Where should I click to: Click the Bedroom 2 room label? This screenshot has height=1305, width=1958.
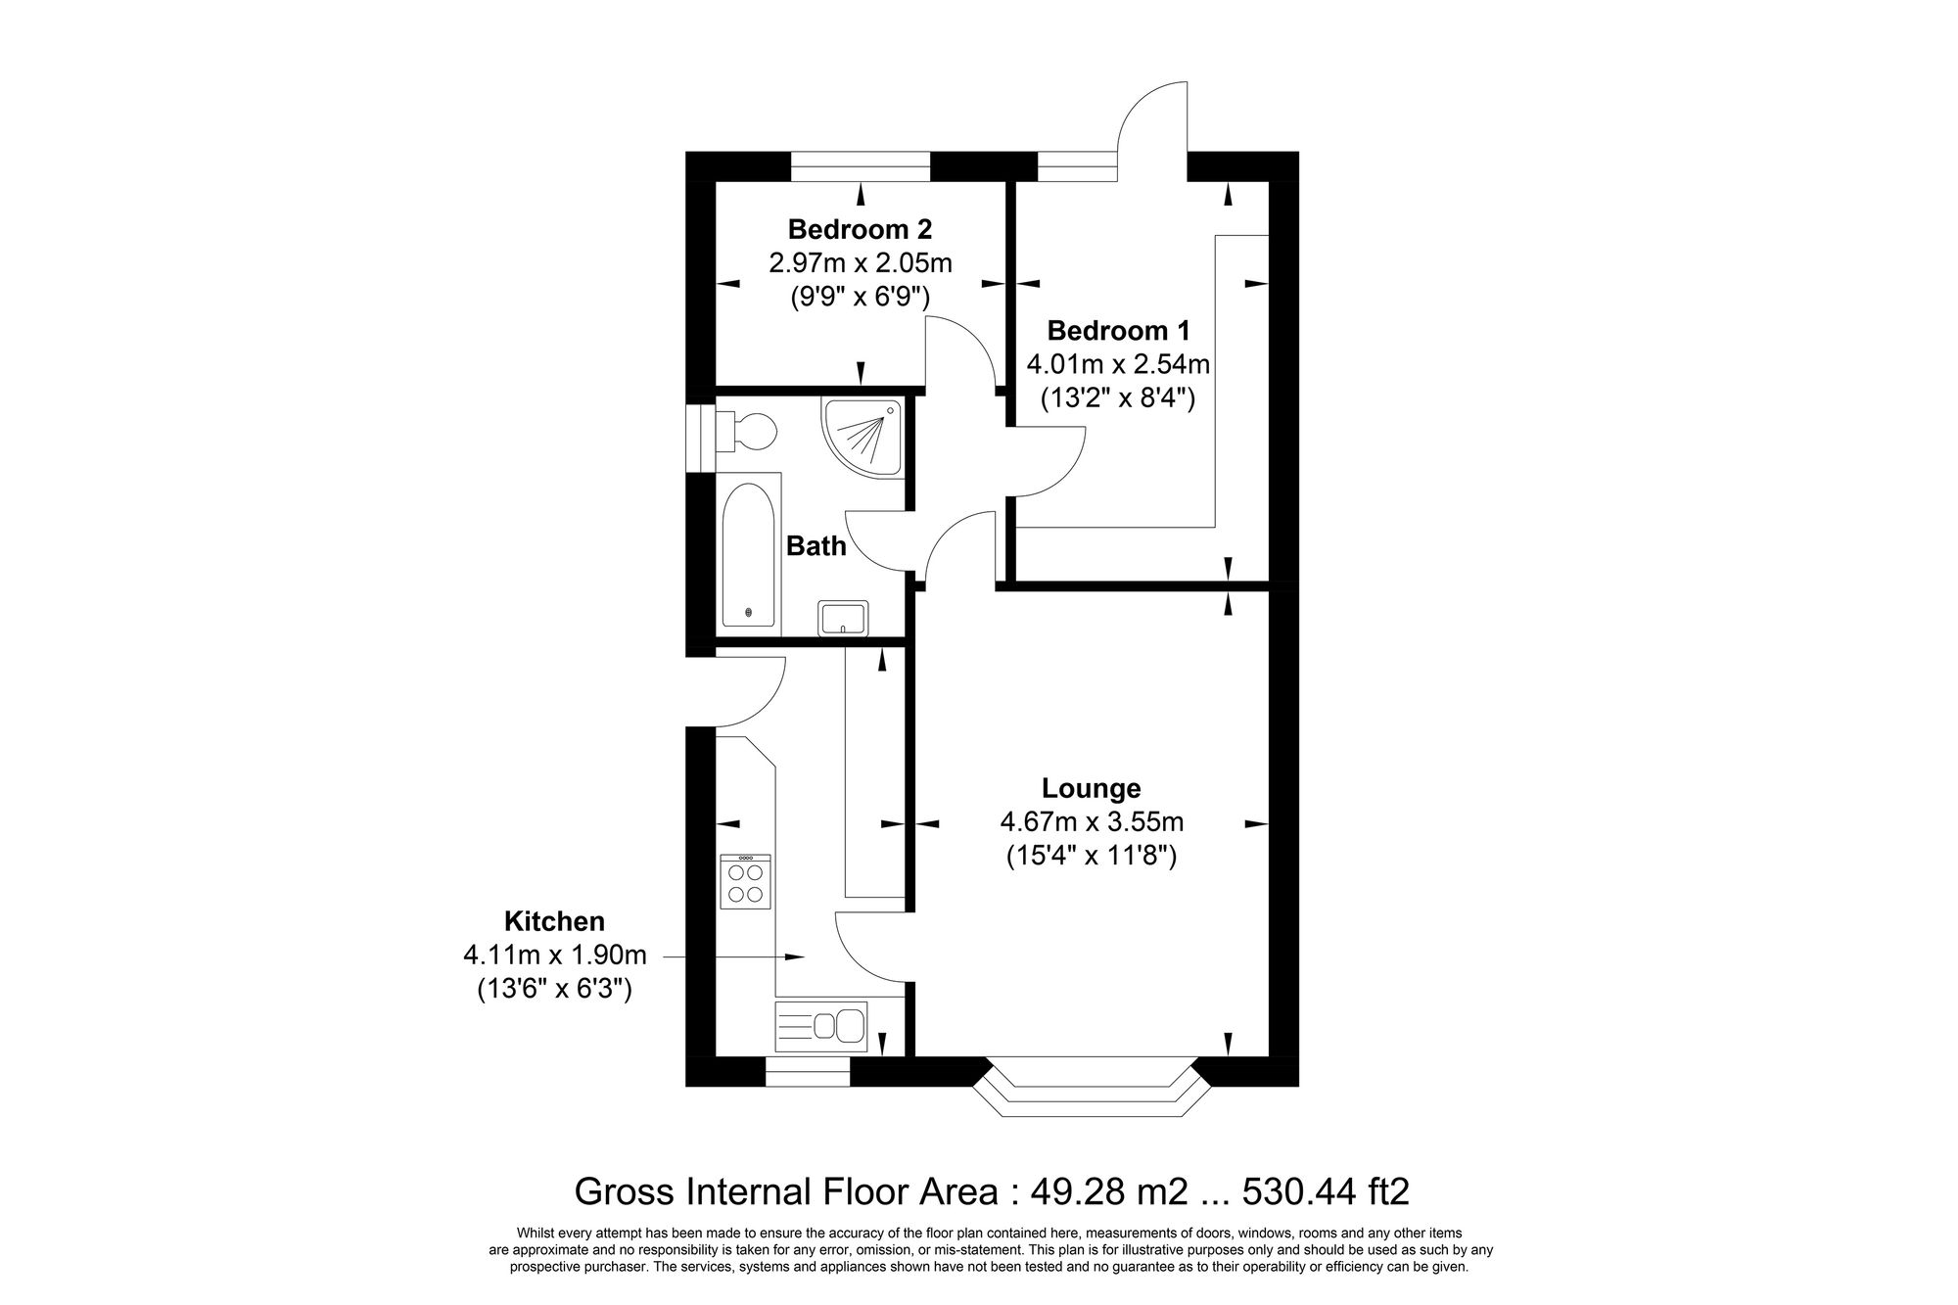860,230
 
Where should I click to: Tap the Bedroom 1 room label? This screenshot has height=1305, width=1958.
1118,331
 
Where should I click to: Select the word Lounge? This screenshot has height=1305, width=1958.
1091,788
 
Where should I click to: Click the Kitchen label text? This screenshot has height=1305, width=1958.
554,921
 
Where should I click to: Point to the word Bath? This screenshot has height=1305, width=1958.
816,546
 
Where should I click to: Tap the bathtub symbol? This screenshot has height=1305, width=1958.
750,555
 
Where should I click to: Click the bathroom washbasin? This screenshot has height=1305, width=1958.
843,619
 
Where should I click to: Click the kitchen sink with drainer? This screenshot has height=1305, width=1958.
820,1026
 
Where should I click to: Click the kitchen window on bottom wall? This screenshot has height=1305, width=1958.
807,1072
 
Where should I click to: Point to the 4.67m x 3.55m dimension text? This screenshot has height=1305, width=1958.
1091,822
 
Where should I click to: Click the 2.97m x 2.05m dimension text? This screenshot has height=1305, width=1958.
860,262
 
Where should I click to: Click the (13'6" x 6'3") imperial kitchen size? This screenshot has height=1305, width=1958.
554,990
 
